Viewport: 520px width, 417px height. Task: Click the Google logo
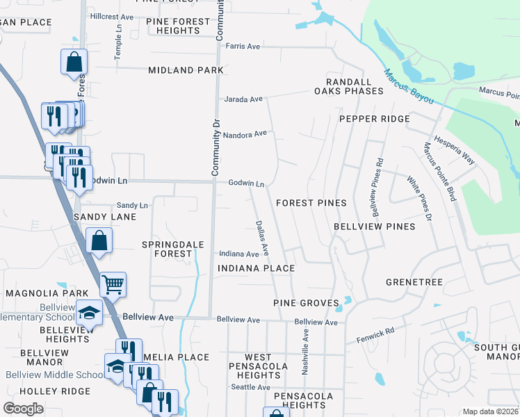[23, 408]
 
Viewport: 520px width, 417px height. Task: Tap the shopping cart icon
[113, 284]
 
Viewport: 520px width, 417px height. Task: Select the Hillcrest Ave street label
[112, 16]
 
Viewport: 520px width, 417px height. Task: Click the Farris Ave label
[243, 47]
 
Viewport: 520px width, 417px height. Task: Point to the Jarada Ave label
[243, 99]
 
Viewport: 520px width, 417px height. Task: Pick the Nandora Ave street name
[245, 133]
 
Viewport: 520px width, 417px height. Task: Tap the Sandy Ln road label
[132, 206]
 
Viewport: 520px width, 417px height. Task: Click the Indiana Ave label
[239, 254]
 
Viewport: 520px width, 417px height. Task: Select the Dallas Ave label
[262, 236]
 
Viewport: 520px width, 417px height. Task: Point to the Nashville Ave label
[304, 352]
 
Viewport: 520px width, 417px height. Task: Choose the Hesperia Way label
[455, 149]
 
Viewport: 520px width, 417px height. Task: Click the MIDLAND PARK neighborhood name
[186, 70]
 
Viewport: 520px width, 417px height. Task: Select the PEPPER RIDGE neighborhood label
[374, 119]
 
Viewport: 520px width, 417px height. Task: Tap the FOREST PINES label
[311, 203]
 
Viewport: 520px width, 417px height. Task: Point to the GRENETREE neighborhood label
[414, 282]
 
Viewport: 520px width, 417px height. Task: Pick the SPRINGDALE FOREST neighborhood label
[167, 249]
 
